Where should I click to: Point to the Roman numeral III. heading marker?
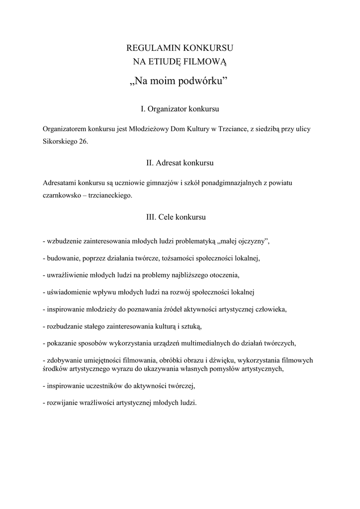[x=151, y=217]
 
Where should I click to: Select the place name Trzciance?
[x=231, y=129]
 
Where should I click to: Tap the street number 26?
[x=84, y=141]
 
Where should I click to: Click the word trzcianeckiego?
[x=109, y=195]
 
